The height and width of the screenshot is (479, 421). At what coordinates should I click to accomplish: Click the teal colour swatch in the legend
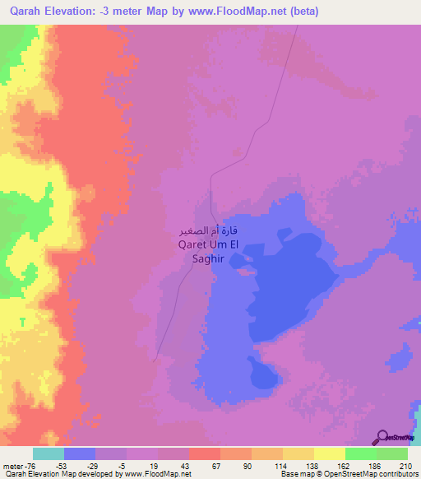[49, 453]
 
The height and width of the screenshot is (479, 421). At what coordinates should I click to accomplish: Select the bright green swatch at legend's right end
[392, 453]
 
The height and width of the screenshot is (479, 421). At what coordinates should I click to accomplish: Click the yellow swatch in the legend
[330, 453]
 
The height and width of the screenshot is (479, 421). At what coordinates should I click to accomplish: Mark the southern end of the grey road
[155, 360]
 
